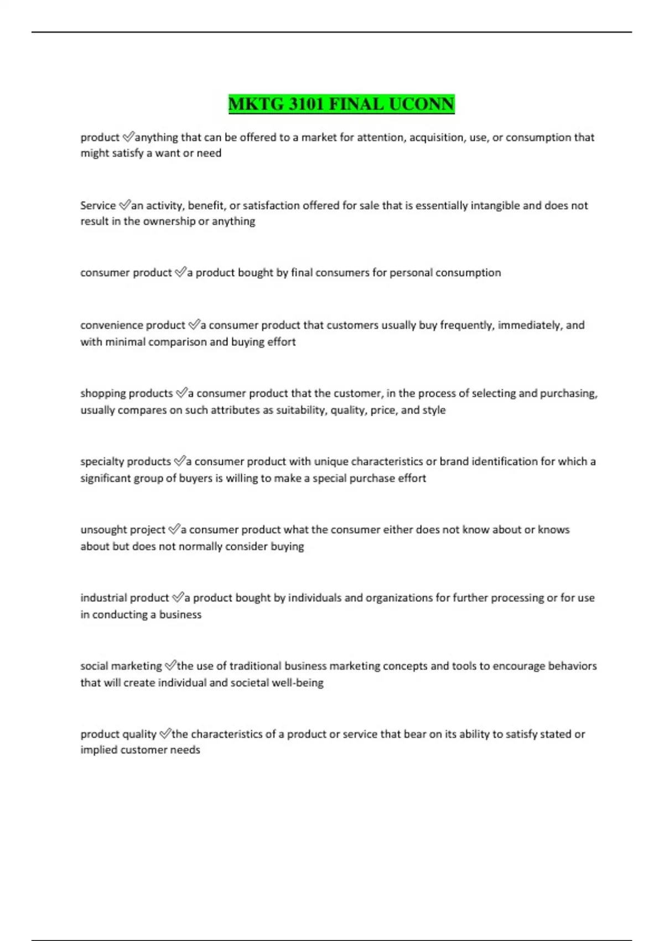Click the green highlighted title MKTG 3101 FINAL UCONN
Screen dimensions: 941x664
point(341,104)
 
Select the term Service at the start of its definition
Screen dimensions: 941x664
point(98,205)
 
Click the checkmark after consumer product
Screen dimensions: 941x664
point(180,272)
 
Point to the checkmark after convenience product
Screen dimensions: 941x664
point(194,325)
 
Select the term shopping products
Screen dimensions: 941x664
point(127,393)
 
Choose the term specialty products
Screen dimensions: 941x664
point(126,461)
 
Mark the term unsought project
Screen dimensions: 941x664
point(123,529)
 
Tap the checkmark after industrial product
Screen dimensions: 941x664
point(178,597)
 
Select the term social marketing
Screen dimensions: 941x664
point(121,665)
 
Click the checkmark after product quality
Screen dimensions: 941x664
point(165,734)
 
